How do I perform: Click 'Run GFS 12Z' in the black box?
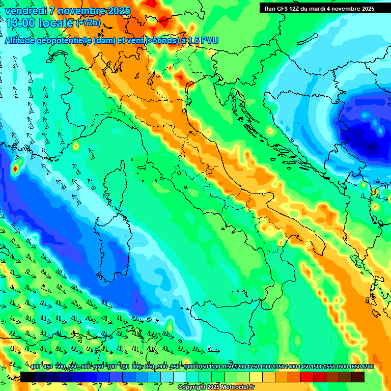click(282, 9)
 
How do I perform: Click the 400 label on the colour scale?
click(35, 367)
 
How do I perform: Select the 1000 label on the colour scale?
click(189, 367)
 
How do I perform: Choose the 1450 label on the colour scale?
click(291, 367)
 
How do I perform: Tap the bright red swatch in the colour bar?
click(307, 377)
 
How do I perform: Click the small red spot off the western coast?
click(15, 167)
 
